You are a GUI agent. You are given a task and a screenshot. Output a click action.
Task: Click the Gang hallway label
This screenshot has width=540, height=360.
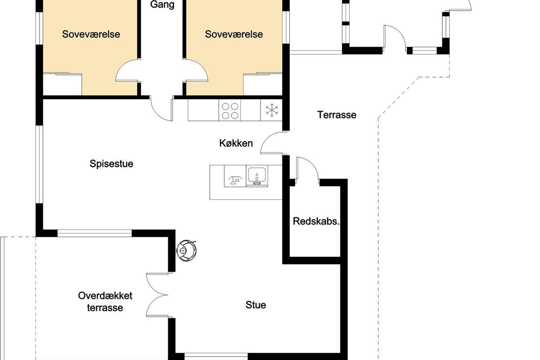[162, 5]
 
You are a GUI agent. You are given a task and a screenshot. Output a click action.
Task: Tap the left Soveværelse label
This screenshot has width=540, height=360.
[91, 34]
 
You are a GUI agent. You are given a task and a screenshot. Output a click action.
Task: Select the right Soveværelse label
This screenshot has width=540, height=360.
[234, 34]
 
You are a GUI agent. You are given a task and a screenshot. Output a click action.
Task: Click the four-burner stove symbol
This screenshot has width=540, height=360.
[230, 111]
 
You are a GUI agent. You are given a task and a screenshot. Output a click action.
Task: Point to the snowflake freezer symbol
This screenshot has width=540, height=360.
[272, 110]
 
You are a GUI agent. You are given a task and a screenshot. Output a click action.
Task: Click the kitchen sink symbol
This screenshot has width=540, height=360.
[257, 176]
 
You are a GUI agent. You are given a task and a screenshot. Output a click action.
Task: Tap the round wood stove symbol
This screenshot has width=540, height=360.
[186, 251]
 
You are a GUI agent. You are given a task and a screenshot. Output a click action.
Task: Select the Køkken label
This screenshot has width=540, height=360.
[236, 143]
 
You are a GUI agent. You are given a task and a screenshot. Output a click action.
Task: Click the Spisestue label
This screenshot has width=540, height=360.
[112, 164]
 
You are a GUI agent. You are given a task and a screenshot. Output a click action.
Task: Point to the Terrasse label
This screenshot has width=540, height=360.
[337, 115]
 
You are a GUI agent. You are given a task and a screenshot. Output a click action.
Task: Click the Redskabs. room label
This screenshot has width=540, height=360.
[316, 221]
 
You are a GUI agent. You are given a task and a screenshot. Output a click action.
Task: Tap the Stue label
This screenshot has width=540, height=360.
[256, 305]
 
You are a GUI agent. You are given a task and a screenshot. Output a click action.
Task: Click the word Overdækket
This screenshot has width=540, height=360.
[105, 296]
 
